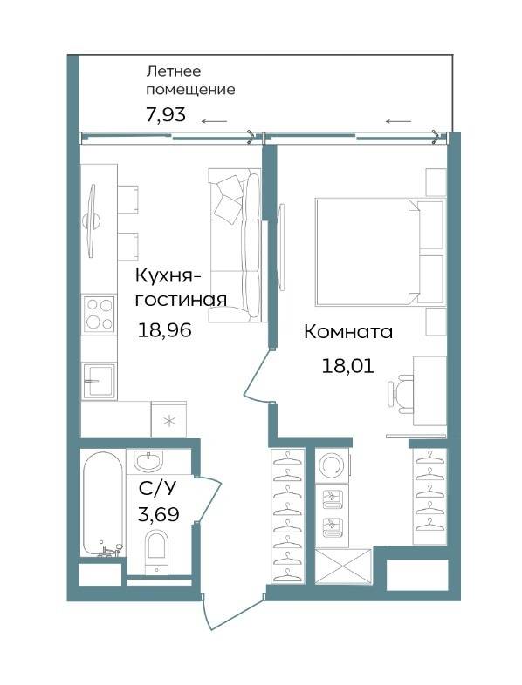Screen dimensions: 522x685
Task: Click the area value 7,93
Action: [x=165, y=114]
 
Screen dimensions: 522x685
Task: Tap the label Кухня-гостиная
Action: [x=181, y=288]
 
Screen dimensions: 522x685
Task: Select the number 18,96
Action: [x=164, y=329]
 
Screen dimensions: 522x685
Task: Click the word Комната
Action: [x=348, y=332]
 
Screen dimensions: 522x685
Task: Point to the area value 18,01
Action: [x=347, y=366]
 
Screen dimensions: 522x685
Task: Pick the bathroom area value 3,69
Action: [x=158, y=514]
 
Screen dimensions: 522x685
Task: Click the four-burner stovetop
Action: [x=100, y=314]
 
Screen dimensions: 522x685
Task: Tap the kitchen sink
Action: [x=100, y=381]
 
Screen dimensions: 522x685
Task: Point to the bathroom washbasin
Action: [x=148, y=461]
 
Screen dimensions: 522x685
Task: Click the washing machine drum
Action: [x=332, y=465]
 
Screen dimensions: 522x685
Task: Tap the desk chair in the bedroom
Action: [x=401, y=393]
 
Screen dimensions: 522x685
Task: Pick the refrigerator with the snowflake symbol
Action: [x=168, y=419]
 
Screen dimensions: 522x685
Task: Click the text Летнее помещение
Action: [x=190, y=80]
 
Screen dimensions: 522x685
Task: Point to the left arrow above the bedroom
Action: [x=399, y=121]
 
